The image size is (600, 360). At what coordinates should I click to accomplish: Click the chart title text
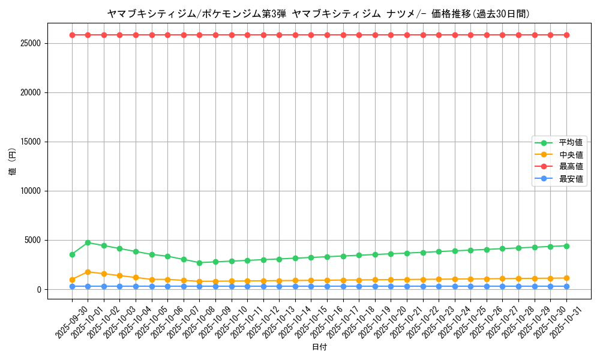[x=319, y=13]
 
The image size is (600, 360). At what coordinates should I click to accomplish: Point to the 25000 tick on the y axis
[x=29, y=44]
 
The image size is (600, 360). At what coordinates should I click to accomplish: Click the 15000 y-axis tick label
[x=29, y=142]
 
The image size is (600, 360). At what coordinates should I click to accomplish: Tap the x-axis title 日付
[x=319, y=347]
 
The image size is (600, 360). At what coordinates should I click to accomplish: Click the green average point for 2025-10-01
[x=88, y=243]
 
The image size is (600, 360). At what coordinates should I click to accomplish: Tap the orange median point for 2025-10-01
[x=88, y=272]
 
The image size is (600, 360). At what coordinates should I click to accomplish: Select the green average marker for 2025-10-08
[x=200, y=263]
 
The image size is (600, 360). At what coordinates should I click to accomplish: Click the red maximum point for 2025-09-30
[x=72, y=35]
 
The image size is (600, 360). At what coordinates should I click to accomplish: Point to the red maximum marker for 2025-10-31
[x=566, y=35]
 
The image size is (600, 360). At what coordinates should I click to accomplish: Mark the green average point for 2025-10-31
[x=566, y=246]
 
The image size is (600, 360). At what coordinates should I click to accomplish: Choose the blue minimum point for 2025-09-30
[x=72, y=286]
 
